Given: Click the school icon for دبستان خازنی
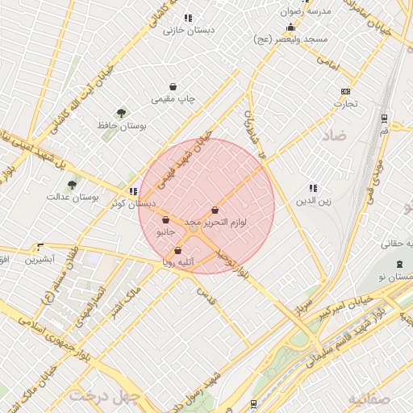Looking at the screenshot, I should click(188, 18).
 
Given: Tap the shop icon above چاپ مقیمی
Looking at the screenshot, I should click(173, 86).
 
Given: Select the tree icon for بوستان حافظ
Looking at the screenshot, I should click(122, 114).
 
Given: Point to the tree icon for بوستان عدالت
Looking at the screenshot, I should click(72, 185).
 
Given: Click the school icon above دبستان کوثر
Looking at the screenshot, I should click(133, 192).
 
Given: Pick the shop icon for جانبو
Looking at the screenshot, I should click(165, 219).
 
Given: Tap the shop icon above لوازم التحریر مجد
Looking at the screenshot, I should click(215, 210).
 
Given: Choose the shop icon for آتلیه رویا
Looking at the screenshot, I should click(177, 251).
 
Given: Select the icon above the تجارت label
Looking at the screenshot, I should click(346, 91).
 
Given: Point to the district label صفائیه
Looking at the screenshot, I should click(369, 399).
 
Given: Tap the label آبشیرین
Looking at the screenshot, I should click(39, 260).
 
